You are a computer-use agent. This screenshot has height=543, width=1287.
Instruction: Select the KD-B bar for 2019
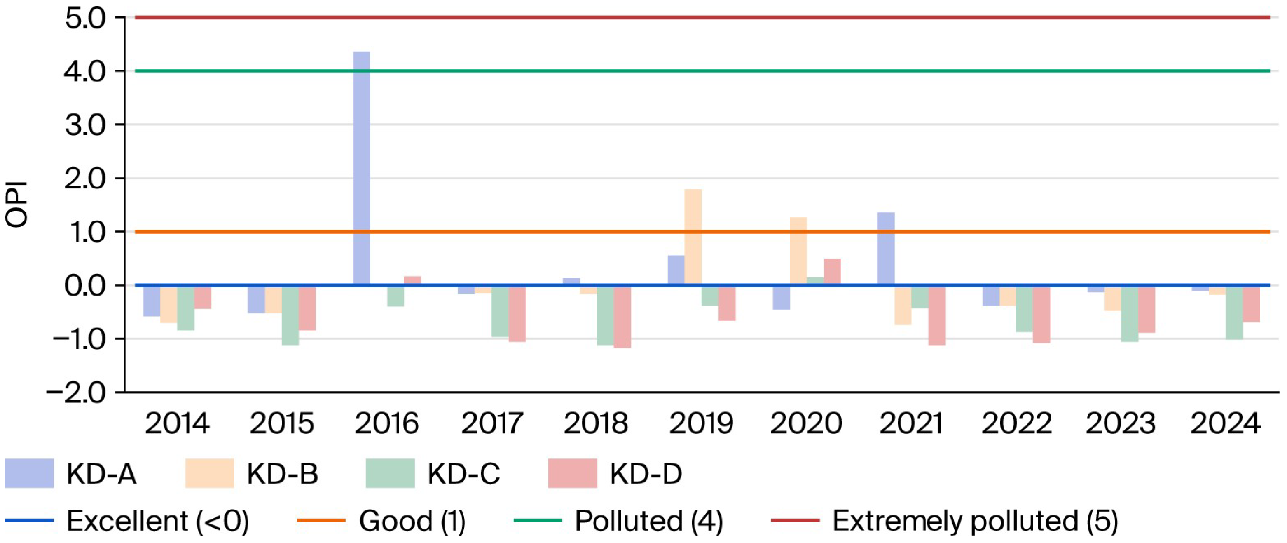coord(693,237)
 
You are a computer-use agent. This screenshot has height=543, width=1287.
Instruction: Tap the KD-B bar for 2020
coord(798,251)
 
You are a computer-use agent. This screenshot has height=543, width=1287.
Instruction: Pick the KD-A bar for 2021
coord(886,249)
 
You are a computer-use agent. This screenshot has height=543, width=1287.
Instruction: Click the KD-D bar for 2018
coord(622,317)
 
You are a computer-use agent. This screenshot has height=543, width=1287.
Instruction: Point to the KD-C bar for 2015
coord(290,315)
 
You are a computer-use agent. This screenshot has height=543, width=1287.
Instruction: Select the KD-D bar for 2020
coord(832,271)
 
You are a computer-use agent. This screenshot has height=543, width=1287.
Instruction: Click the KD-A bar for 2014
coord(151,301)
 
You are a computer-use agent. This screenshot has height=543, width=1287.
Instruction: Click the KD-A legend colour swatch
coord(29,473)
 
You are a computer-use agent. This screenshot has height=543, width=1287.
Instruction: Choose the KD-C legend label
coord(463,473)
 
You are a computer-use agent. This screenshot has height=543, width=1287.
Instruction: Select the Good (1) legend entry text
coord(412,521)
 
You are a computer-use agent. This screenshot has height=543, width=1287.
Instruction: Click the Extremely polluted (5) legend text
coord(975,521)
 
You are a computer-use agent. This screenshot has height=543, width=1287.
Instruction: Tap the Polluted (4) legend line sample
coord(538,520)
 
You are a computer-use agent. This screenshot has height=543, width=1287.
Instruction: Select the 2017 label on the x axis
coord(491,423)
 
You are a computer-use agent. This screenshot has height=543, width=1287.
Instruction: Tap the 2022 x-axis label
coord(1017,423)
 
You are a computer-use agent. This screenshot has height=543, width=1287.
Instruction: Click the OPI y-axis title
coord(17,204)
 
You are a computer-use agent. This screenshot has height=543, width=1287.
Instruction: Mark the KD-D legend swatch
coord(573,473)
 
